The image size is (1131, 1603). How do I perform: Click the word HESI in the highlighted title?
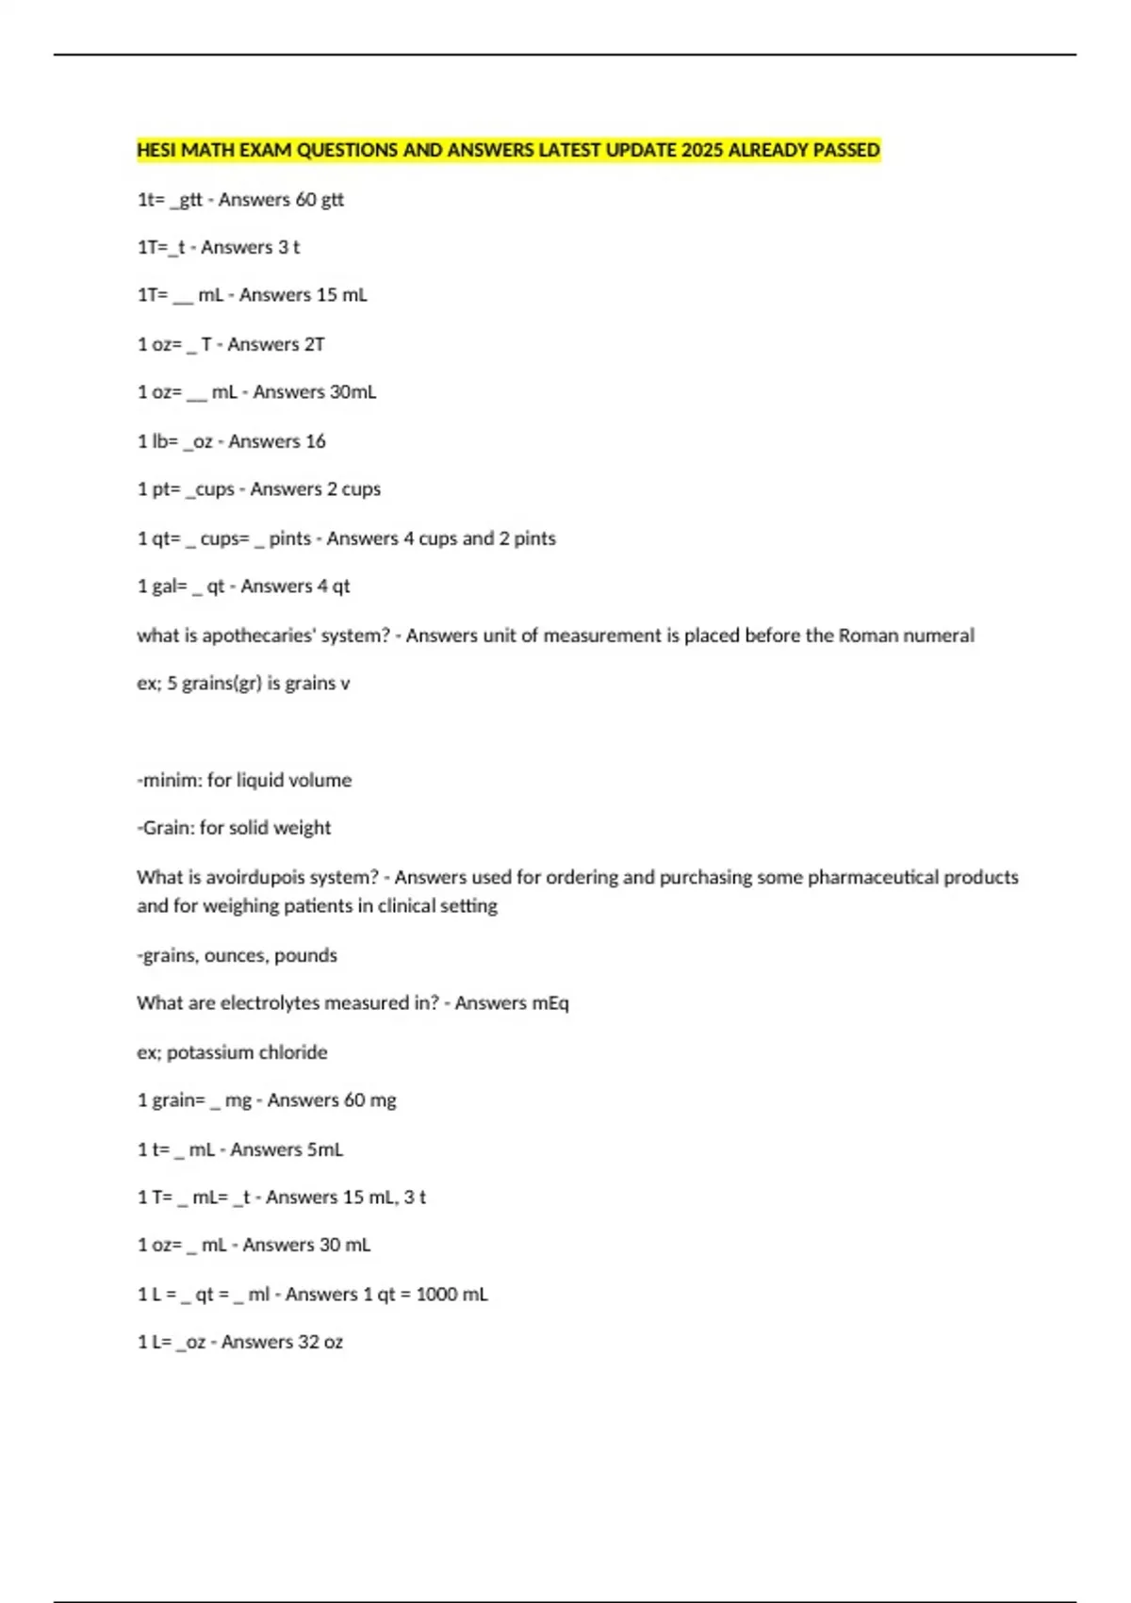tap(156, 150)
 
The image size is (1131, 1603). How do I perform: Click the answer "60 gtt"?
tap(320, 200)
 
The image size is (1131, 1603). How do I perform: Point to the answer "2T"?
tap(314, 344)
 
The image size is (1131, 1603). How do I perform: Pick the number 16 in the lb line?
tap(316, 441)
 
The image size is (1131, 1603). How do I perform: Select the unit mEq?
tap(550, 1003)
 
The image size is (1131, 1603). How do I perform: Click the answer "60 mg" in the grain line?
tap(369, 1100)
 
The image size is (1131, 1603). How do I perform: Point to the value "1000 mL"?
tap(451, 1295)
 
